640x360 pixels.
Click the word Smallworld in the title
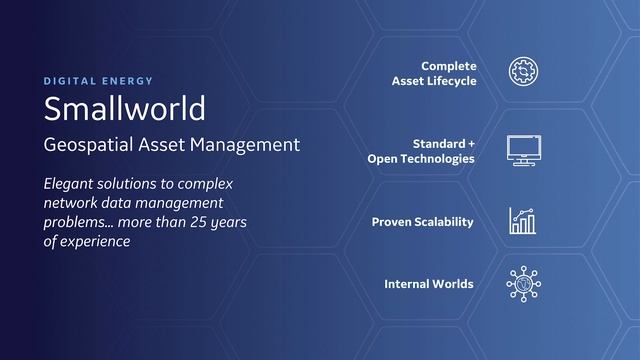point(124,107)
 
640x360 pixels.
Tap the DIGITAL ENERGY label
point(98,80)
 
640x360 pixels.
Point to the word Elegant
point(72,185)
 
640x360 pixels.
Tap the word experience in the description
point(96,241)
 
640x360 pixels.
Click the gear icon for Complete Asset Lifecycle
point(523,72)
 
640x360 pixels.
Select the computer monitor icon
point(523,150)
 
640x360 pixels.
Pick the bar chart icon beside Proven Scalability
point(522,221)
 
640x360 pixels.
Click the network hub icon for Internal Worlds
point(523,284)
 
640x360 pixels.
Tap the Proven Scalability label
point(422,222)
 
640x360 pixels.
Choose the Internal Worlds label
point(428,285)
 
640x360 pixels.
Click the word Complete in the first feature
point(448,66)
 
